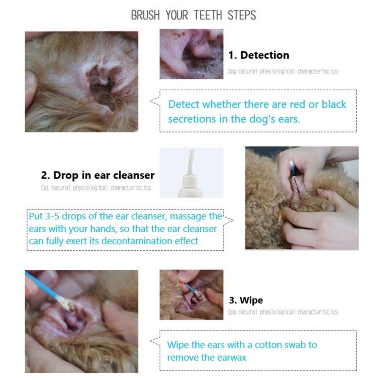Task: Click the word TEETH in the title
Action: point(208,15)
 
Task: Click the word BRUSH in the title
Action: point(145,15)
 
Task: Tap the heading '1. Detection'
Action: point(258,55)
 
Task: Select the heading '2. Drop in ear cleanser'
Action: point(98,175)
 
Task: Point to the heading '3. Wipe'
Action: point(246,300)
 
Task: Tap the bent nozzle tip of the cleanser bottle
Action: point(191,153)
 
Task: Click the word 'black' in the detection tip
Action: point(334,104)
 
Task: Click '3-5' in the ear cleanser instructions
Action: point(52,216)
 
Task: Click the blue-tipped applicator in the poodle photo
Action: point(293,168)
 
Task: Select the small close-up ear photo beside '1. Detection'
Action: point(191,54)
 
